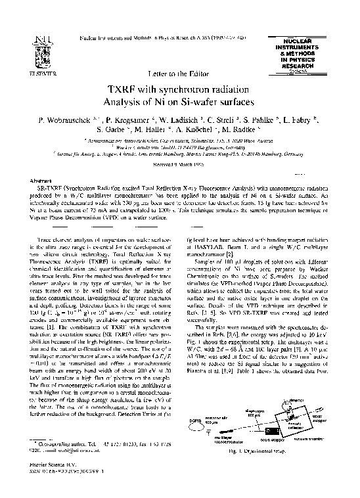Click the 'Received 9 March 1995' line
[180, 164]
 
